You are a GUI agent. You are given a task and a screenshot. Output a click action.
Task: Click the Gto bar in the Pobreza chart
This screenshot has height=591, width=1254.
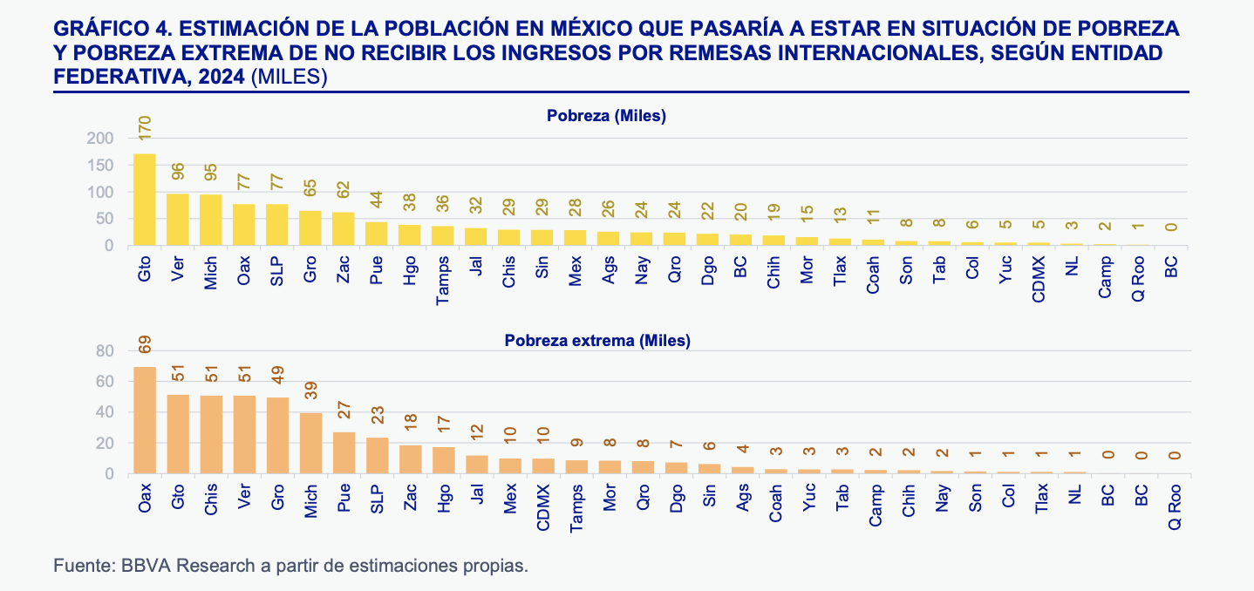(x=145, y=200)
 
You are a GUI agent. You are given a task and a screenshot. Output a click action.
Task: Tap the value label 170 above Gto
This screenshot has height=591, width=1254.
(x=146, y=127)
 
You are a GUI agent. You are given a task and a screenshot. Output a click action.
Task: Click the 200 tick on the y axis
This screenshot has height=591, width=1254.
(x=100, y=139)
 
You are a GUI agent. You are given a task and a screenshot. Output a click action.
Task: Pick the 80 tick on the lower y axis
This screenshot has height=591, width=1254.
(x=105, y=350)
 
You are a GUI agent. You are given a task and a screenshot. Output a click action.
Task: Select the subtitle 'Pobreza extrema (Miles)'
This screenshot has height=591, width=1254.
(x=596, y=341)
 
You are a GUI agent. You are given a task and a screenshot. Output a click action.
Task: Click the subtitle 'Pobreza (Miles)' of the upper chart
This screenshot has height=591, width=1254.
(x=606, y=115)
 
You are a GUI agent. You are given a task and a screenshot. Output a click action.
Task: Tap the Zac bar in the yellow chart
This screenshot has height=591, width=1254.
(x=344, y=228)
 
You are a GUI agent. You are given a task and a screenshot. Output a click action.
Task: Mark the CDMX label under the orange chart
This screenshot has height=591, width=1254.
(x=543, y=506)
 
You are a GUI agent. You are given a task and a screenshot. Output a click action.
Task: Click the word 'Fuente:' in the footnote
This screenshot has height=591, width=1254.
(x=80, y=565)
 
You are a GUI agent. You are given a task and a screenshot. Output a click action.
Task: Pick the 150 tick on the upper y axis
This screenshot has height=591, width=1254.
(x=100, y=166)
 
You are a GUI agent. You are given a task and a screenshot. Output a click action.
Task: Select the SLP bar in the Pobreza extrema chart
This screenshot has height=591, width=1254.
(x=377, y=455)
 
